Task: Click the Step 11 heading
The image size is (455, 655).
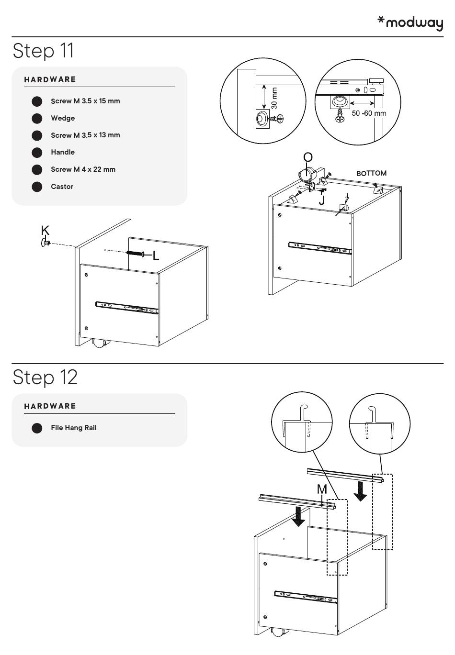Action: pyautogui.click(x=44, y=50)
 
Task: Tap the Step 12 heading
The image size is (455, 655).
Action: pyautogui.click(x=45, y=377)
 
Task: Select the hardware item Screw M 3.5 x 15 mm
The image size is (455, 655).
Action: pyautogui.click(x=85, y=101)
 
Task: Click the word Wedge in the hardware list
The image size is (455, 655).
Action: pyautogui.click(x=63, y=118)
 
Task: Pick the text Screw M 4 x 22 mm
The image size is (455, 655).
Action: pyautogui.click(x=83, y=169)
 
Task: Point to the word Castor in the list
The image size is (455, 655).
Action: pyautogui.click(x=62, y=187)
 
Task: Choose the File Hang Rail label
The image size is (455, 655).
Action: pyautogui.click(x=73, y=428)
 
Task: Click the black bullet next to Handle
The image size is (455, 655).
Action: pyautogui.click(x=37, y=153)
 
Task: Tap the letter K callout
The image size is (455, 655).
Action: pyautogui.click(x=45, y=230)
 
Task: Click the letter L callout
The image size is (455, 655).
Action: pyautogui.click(x=156, y=256)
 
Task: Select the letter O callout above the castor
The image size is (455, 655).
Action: pyautogui.click(x=308, y=157)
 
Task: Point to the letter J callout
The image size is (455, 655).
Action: pyautogui.click(x=321, y=200)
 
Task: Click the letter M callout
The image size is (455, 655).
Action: pyautogui.click(x=322, y=489)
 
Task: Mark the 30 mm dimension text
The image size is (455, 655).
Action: pyautogui.click(x=274, y=98)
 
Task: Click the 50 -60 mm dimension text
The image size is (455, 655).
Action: pyautogui.click(x=369, y=113)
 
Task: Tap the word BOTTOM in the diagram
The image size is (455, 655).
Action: pyautogui.click(x=371, y=173)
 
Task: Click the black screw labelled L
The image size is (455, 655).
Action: pyautogui.click(x=136, y=253)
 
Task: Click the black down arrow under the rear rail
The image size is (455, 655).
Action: pyautogui.click(x=360, y=491)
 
